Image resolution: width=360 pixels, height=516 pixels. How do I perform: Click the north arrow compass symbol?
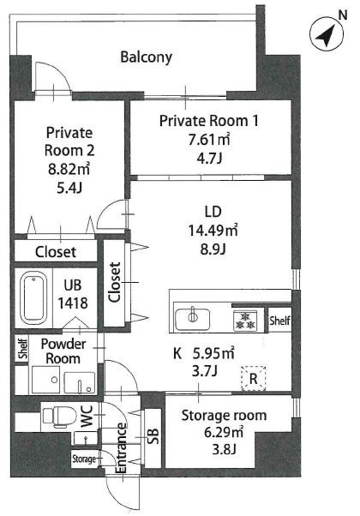pyautogui.click(x=327, y=33)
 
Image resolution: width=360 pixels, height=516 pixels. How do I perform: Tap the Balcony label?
pyautogui.click(x=146, y=57)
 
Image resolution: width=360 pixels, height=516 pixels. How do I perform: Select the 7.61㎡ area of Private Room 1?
pyautogui.click(x=209, y=140)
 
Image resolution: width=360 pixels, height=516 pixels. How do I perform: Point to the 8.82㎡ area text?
pyautogui.click(x=69, y=169)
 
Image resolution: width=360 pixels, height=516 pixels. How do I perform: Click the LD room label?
pyautogui.click(x=213, y=212)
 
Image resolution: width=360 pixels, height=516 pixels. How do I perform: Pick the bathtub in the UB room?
pyautogui.click(x=33, y=297)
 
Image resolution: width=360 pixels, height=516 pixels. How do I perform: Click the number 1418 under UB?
pyautogui.click(x=73, y=303)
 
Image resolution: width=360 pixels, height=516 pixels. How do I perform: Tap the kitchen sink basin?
pyautogui.click(x=193, y=319)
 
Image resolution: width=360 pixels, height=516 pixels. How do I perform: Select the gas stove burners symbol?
pyautogui.click(x=244, y=321)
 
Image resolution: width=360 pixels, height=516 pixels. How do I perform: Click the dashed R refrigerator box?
pyautogui.click(x=254, y=379)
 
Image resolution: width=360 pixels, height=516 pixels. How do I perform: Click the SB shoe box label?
pyautogui.click(x=153, y=436)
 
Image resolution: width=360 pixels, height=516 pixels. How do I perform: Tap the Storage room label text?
pyautogui.click(x=224, y=416)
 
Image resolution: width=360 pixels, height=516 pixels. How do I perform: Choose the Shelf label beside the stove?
pyautogui.click(x=279, y=321)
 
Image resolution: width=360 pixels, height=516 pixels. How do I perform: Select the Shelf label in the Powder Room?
pyautogui.click(x=22, y=349)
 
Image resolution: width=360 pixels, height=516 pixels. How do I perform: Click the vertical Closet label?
pyautogui.click(x=115, y=282)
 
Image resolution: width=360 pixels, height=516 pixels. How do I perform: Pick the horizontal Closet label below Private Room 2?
pyautogui.click(x=56, y=252)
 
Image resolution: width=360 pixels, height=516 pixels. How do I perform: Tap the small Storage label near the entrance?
pyautogui.click(x=84, y=459)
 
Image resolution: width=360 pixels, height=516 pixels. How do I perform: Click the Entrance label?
pyautogui.click(x=121, y=448)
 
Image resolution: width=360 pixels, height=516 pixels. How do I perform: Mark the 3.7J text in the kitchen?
pyautogui.click(x=204, y=371)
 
